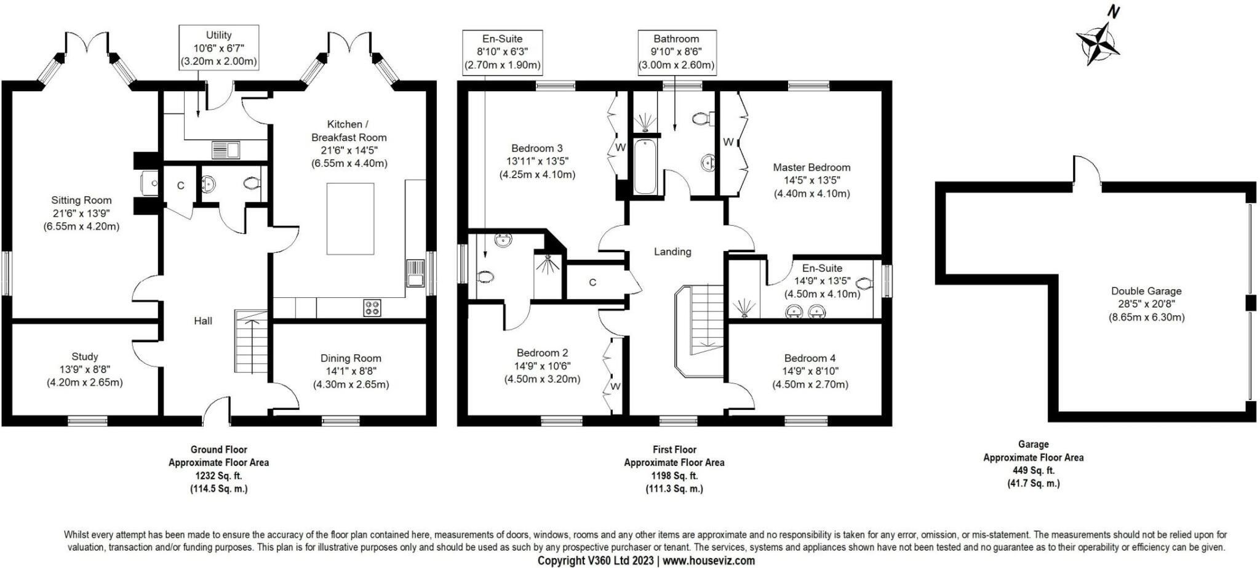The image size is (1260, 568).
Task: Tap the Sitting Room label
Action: (81, 200)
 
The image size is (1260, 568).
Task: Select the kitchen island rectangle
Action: (350, 218)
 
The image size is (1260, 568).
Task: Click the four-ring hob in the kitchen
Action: (372, 308)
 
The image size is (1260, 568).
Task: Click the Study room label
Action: (85, 356)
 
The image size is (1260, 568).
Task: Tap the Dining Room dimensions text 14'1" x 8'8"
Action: (351, 371)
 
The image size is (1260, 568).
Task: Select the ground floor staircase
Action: (252, 342)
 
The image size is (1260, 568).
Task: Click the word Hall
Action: (203, 321)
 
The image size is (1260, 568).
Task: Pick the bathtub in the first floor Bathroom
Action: (644, 167)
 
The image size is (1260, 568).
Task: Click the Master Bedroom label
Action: (811, 167)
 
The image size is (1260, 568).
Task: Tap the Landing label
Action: (672, 252)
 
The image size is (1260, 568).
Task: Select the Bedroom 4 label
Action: (810, 358)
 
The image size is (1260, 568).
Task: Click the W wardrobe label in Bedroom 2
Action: (615, 386)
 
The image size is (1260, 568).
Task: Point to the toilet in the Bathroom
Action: (702, 118)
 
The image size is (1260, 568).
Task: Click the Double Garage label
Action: (1146, 291)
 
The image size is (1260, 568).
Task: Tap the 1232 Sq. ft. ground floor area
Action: (218, 476)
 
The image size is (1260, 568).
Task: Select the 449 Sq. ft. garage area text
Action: (1034, 471)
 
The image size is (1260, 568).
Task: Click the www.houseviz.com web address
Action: (708, 561)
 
